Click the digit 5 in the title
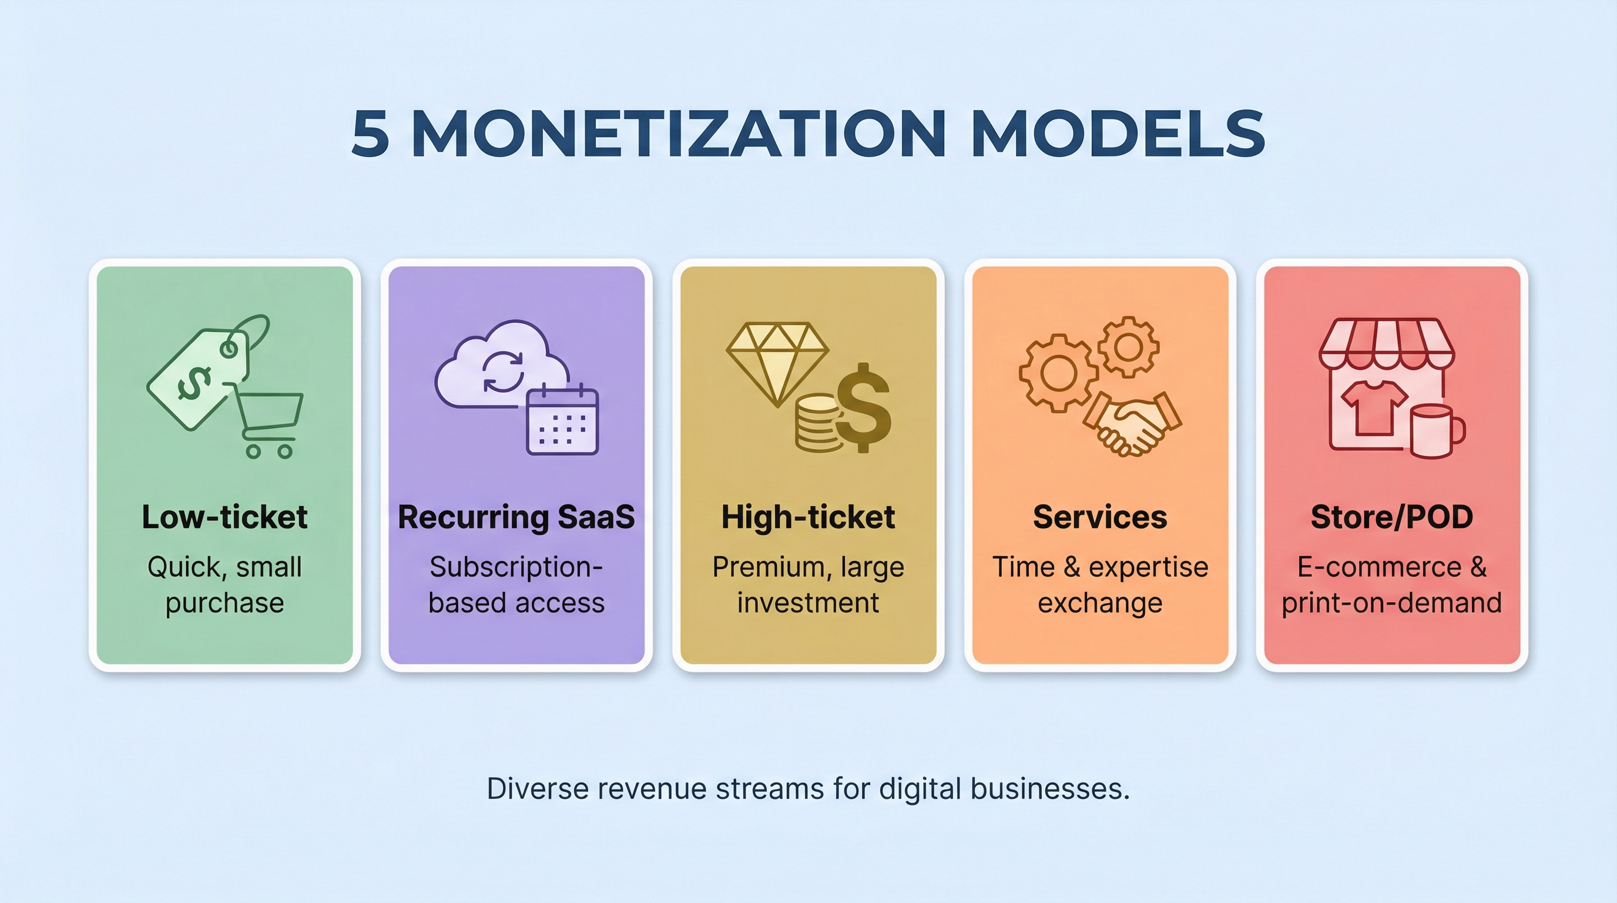point(370,133)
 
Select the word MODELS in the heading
point(1118,133)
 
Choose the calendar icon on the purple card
point(562,421)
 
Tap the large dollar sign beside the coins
point(864,408)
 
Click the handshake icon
point(1133,424)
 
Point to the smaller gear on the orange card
point(1128,347)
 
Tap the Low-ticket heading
point(224,517)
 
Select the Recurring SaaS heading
point(516,517)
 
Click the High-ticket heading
point(808,517)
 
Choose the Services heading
point(1100,517)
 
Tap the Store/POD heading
point(1391,517)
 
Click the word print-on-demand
point(1391,603)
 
